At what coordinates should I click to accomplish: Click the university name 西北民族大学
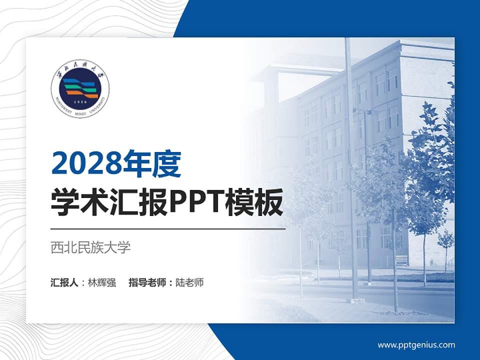pyautogui.click(x=90, y=247)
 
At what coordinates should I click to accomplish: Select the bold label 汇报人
pyautogui.click(x=64, y=282)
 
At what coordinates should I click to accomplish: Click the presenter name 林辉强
pyautogui.click(x=102, y=282)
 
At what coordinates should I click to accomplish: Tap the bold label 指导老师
pyautogui.click(x=147, y=282)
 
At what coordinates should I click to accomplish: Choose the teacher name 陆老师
pyautogui.click(x=189, y=282)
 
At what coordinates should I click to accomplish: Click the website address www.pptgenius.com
pyautogui.click(x=416, y=344)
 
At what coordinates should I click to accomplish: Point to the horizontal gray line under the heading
pyautogui.click(x=168, y=229)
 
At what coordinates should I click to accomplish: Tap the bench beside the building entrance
pyautogui.click(x=401, y=260)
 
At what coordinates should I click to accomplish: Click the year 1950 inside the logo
pyautogui.click(x=80, y=102)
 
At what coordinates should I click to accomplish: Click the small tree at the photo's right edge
pyautogui.click(x=445, y=245)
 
